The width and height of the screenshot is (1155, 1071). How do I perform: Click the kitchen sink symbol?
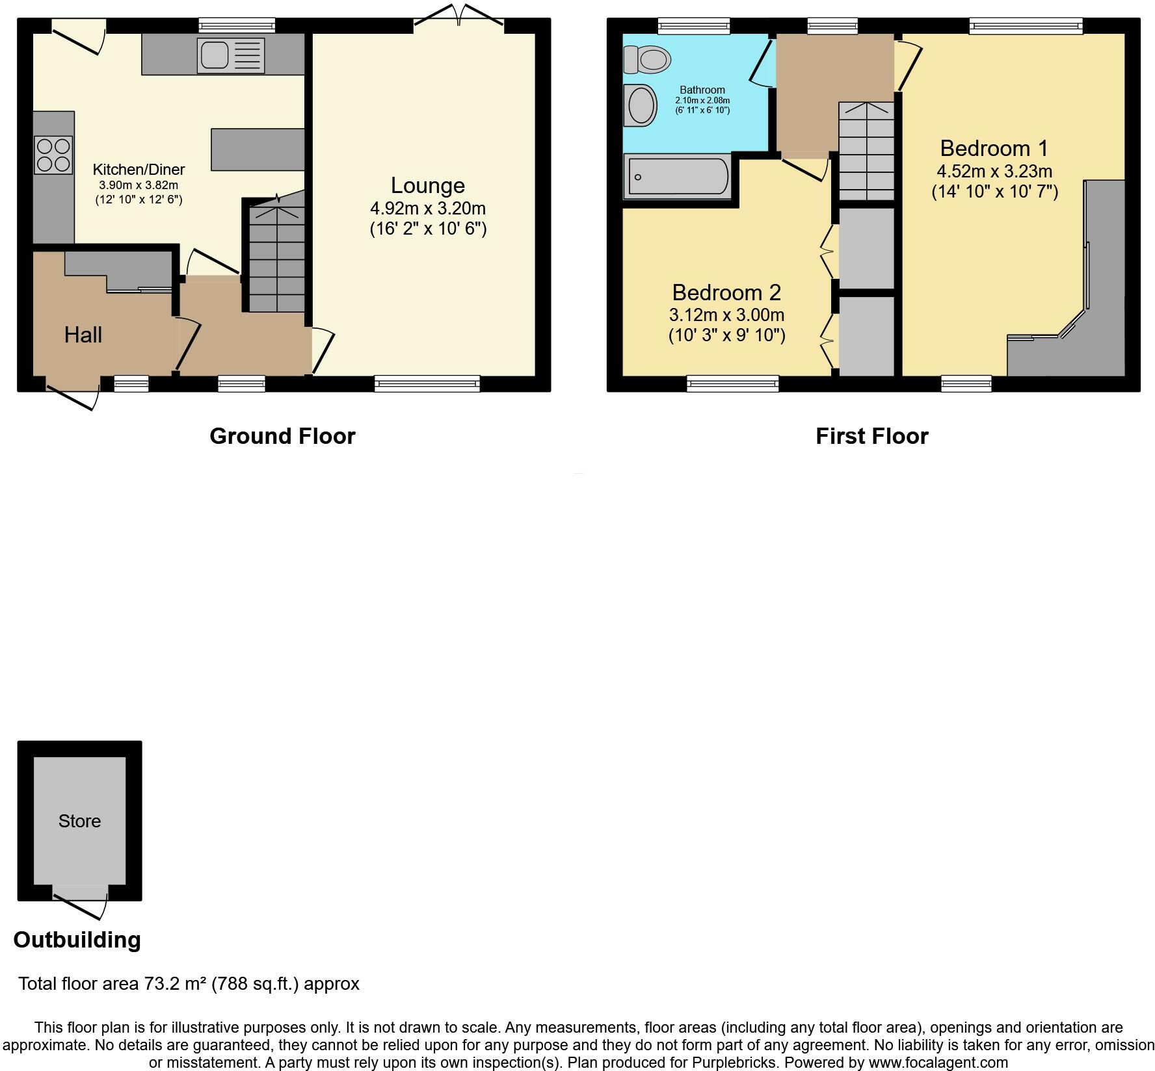pyautogui.click(x=231, y=55)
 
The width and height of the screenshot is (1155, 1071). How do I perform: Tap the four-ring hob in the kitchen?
pyautogui.click(x=53, y=155)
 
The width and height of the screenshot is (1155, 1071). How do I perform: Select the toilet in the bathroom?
pyautogui.click(x=646, y=60)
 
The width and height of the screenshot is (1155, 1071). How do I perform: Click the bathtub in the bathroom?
pyautogui.click(x=677, y=176)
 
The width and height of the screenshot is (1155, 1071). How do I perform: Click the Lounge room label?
pyautogui.click(x=427, y=186)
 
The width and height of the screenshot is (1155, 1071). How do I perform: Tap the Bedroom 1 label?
pyautogui.click(x=994, y=149)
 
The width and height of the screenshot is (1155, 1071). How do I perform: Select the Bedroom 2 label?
pyautogui.click(x=726, y=292)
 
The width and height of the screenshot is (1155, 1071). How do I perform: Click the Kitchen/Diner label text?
pyautogui.click(x=139, y=170)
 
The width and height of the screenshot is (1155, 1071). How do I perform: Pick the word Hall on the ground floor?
pyautogui.click(x=83, y=335)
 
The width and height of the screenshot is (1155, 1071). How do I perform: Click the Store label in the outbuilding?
pyautogui.click(x=79, y=821)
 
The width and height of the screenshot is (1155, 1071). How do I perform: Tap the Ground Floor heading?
pyautogui.click(x=282, y=436)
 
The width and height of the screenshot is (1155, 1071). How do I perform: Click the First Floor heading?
pyautogui.click(x=871, y=436)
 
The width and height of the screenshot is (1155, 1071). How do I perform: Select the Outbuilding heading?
pyautogui.click(x=77, y=940)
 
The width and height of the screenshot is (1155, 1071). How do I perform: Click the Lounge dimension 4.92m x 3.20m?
pyautogui.click(x=427, y=209)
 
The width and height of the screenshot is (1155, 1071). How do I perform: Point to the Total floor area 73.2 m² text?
pyautogui.click(x=189, y=984)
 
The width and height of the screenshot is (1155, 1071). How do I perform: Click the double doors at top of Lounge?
pyautogui.click(x=459, y=16)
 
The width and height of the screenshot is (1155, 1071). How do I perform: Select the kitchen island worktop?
pyautogui.click(x=258, y=149)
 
